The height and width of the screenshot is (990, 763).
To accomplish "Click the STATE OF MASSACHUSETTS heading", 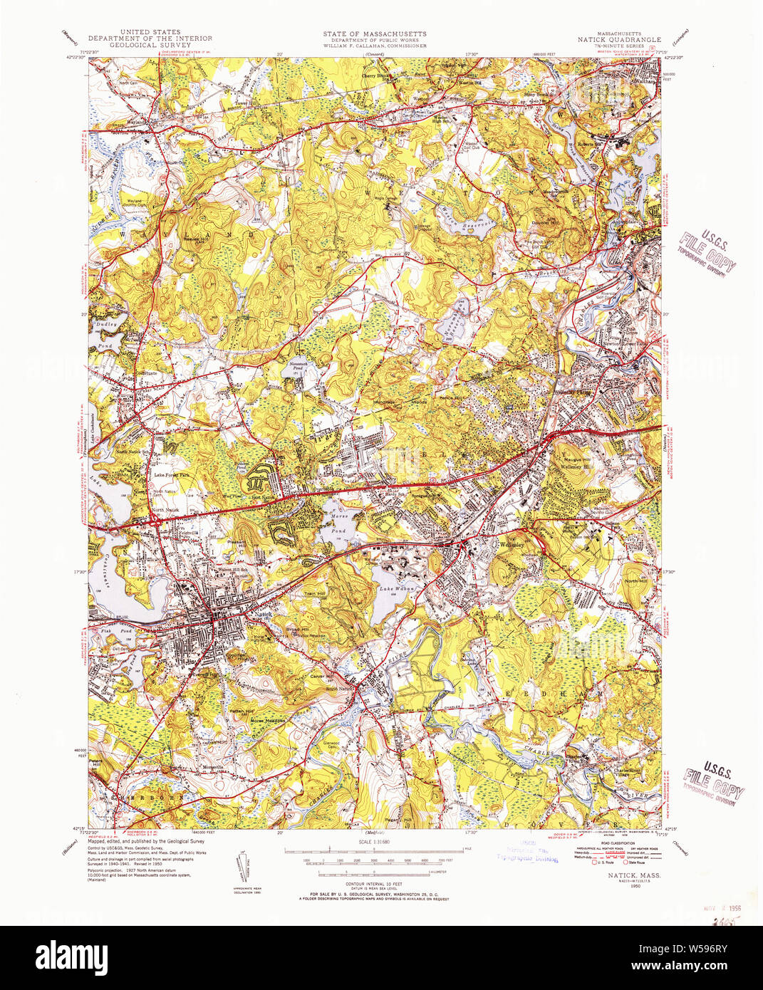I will click(x=374, y=33).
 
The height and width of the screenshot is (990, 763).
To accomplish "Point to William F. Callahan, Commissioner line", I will click(x=374, y=46).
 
